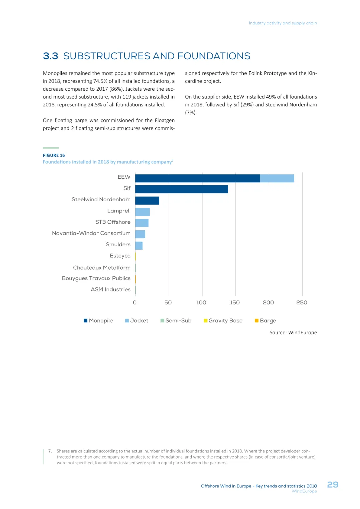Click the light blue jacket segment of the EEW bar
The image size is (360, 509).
(277, 178)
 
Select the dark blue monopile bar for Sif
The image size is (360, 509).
(181, 189)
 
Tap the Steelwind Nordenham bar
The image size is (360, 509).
(147, 201)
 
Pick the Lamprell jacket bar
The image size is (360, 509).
(142, 212)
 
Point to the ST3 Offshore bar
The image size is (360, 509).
(142, 223)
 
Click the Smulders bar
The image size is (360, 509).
(139, 246)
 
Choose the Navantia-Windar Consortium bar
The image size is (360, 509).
(140, 234)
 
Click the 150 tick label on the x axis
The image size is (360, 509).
(235, 303)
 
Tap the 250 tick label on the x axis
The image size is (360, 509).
(302, 303)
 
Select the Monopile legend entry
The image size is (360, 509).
(98, 321)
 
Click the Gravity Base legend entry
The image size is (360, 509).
(223, 321)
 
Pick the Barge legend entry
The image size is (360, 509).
(266, 321)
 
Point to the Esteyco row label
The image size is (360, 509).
(120, 256)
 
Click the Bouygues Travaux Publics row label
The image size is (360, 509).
(96, 278)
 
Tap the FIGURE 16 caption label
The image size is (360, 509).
(54, 155)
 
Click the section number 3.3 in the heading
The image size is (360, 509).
(51, 56)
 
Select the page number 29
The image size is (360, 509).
(333, 485)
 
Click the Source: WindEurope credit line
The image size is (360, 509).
(293, 333)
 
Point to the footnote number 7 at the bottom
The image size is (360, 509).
(50, 451)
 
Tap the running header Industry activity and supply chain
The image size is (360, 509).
(283, 23)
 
